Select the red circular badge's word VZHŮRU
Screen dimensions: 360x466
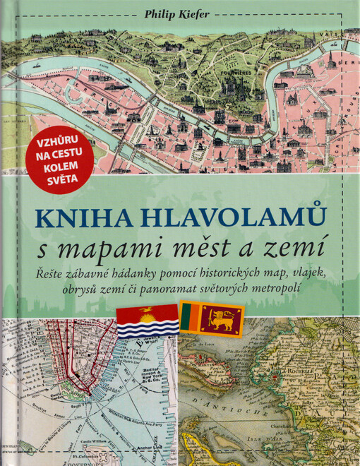click(61, 141)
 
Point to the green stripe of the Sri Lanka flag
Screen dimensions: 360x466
click(186, 321)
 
